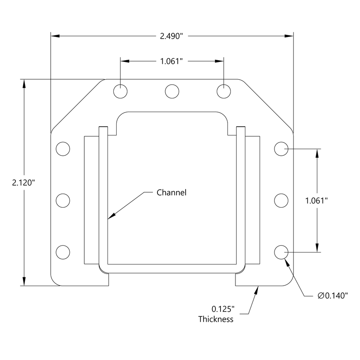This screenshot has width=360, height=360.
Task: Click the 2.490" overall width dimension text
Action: [x=171, y=36]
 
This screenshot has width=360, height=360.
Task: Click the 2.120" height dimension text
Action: [x=23, y=182]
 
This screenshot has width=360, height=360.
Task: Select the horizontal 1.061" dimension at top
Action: [x=171, y=61]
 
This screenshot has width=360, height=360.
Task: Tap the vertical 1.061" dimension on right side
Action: [x=316, y=201]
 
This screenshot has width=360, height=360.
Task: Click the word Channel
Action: [x=171, y=193]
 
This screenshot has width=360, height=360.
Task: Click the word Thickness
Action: [x=216, y=319]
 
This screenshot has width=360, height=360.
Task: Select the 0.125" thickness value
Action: [x=223, y=309]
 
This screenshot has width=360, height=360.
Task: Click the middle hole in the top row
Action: [x=172, y=91]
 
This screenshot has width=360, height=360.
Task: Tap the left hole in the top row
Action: [x=120, y=91]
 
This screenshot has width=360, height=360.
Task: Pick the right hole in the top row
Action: [x=224, y=91]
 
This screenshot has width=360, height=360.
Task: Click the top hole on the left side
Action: [x=63, y=149]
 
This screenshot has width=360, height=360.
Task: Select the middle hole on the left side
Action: [x=63, y=201]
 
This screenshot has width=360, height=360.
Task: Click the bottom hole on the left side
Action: [x=63, y=252]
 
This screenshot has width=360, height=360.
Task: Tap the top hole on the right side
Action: [x=281, y=149]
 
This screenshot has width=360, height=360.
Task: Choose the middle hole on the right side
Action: [x=281, y=201]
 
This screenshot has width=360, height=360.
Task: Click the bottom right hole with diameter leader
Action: [x=281, y=252]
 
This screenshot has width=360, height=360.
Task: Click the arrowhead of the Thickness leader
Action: [x=256, y=289]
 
